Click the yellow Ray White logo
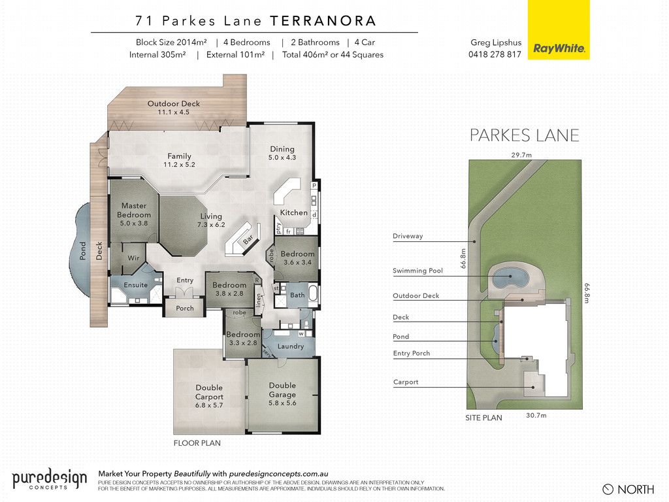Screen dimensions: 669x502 click(559, 29)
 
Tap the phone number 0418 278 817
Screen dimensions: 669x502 click(495, 54)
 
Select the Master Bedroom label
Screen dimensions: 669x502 click(134, 210)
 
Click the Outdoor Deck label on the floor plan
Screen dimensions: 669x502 click(174, 103)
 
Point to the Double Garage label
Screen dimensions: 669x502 click(282, 390)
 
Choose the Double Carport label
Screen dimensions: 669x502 click(209, 392)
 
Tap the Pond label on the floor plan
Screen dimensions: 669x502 click(83, 250)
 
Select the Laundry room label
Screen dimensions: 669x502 click(291, 346)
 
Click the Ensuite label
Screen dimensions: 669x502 click(136, 285)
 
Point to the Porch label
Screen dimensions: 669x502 click(185, 309)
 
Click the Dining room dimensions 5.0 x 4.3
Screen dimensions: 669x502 click(282, 158)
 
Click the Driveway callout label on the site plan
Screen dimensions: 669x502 click(408, 236)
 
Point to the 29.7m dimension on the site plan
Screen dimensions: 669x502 click(521, 155)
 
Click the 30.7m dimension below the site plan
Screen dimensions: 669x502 click(536, 415)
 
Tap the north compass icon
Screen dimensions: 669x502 click(608, 489)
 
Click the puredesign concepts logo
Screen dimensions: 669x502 click(50, 479)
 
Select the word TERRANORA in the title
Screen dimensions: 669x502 click(323, 20)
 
